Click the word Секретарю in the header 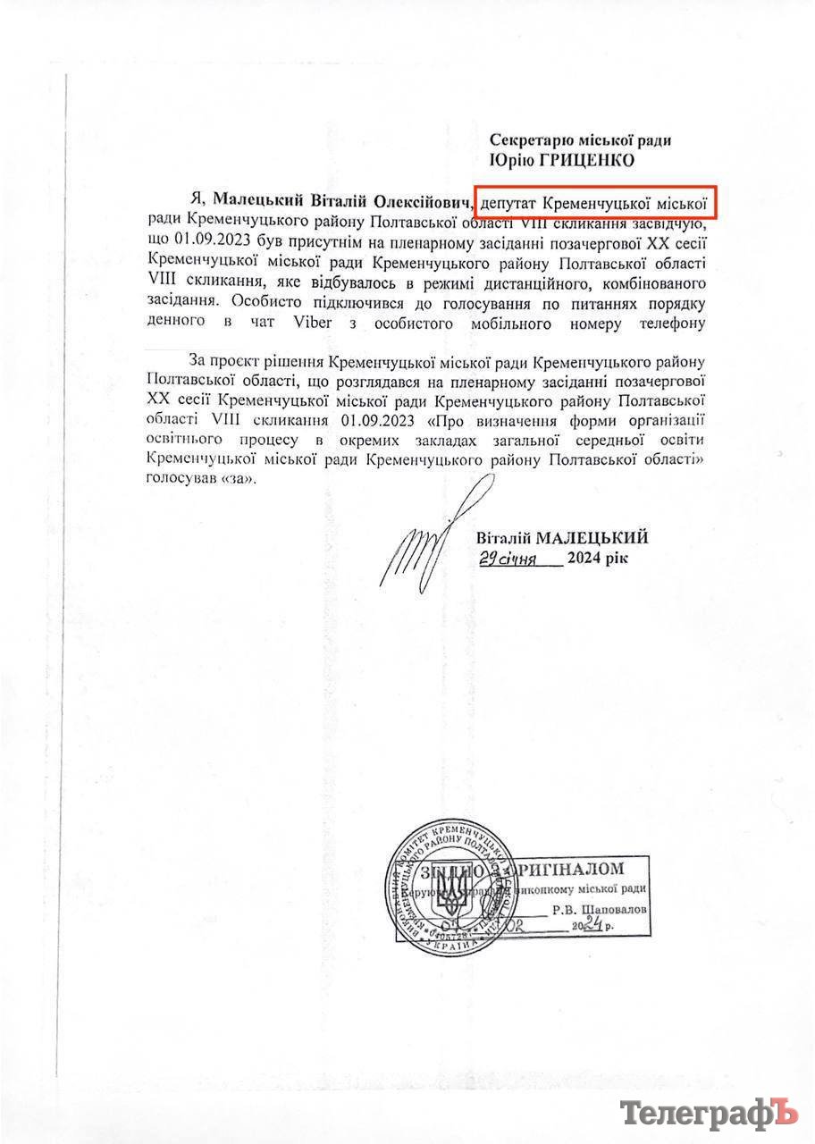click(x=526, y=140)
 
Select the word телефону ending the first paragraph click(x=666, y=323)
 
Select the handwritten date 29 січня click(x=507, y=559)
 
